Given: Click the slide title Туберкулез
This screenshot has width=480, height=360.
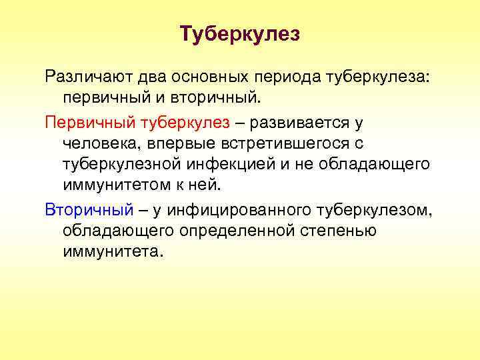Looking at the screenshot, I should pyautogui.click(x=240, y=34).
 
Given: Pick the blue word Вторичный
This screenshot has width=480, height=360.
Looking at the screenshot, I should pyautogui.click(x=89, y=210).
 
